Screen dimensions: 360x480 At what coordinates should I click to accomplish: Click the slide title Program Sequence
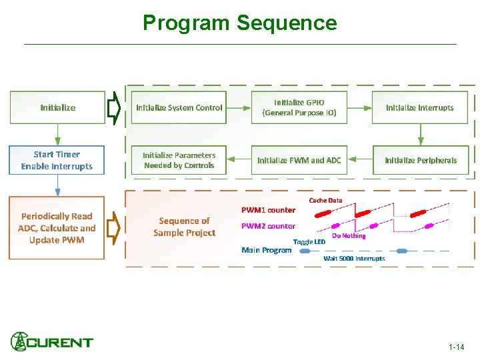[x=240, y=23]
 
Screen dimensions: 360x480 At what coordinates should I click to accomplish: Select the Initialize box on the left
[x=57, y=107]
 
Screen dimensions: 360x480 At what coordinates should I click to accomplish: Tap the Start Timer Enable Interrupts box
[x=57, y=160]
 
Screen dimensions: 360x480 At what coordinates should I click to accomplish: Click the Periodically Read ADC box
[x=57, y=228]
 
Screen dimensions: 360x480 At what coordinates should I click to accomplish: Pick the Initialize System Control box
[x=179, y=107]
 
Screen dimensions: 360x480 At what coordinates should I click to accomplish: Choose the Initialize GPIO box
[x=299, y=107]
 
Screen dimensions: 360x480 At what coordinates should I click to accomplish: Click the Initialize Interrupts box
[x=419, y=107]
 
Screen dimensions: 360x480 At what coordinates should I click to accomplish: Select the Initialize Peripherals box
[x=421, y=160]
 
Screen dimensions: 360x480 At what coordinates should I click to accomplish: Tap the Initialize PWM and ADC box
[x=299, y=160]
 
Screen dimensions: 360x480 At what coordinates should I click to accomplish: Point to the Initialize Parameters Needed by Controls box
[x=179, y=160]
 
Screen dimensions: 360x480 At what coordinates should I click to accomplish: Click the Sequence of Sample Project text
[x=184, y=227]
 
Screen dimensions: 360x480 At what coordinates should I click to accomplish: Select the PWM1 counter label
[x=268, y=210]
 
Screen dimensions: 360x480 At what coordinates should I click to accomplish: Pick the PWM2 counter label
[x=268, y=226]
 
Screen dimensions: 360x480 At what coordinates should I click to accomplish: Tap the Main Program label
[x=266, y=250]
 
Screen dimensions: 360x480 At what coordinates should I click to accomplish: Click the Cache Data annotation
[x=325, y=200]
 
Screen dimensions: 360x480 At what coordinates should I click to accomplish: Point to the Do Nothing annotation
[x=349, y=236]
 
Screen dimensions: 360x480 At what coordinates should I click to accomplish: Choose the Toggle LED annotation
[x=309, y=241]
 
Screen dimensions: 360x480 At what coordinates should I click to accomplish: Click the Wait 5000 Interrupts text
[x=354, y=258]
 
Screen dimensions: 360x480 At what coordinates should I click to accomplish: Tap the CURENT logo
[x=52, y=342]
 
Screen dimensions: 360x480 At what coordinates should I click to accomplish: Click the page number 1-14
[x=457, y=347]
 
